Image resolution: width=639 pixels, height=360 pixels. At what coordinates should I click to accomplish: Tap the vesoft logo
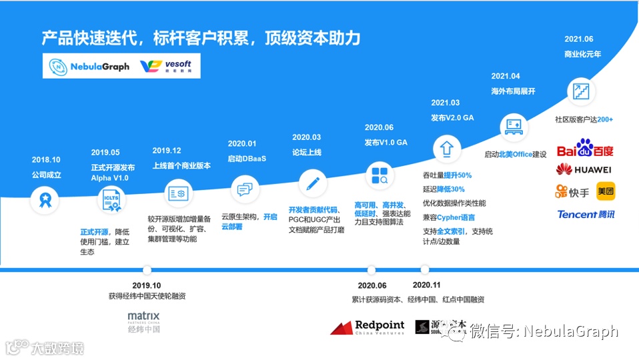167,67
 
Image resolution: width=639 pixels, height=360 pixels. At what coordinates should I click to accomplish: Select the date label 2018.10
46,160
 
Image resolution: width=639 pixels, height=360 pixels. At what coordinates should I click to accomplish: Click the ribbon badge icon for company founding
47,198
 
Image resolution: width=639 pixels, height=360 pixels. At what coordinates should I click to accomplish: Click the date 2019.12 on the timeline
167,151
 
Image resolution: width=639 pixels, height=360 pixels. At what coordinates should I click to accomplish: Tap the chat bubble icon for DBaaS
244,189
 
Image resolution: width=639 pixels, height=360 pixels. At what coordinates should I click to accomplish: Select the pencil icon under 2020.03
312,182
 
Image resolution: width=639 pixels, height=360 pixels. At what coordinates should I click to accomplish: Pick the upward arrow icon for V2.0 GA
446,147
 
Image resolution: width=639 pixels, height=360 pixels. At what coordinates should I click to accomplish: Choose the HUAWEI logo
584,169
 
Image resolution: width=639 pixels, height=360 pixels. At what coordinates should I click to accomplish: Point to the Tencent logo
586,214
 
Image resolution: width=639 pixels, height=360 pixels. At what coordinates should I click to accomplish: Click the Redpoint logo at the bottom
368,327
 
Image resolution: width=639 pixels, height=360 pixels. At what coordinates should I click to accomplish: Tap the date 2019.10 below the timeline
147,285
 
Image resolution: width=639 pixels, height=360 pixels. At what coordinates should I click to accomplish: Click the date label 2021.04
505,76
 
